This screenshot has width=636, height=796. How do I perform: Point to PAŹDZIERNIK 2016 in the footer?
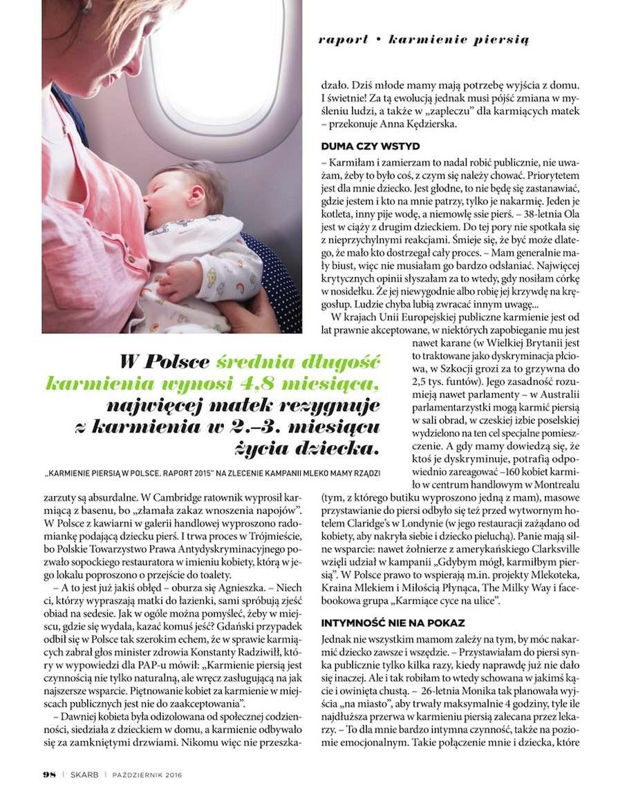click(147, 775)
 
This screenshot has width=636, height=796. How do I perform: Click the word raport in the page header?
click(343, 39)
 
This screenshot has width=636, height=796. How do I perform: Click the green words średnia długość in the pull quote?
click(296, 361)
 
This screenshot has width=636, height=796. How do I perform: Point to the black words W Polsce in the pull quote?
click(165, 361)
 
